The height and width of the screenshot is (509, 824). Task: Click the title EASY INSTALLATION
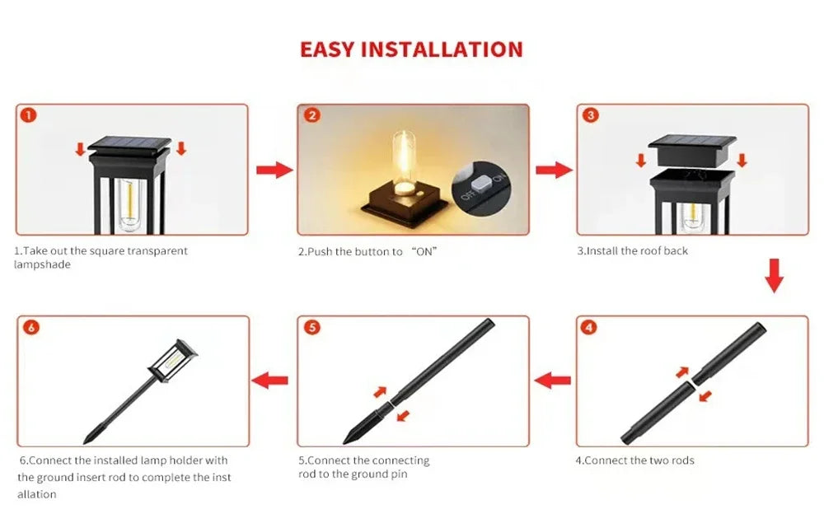(x=411, y=49)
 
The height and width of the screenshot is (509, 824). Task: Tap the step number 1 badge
(x=29, y=115)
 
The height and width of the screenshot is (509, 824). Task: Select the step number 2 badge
(x=311, y=115)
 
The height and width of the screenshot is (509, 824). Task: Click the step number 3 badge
(x=590, y=115)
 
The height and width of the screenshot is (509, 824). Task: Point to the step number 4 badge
(x=589, y=328)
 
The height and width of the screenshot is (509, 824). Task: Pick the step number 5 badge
(x=311, y=328)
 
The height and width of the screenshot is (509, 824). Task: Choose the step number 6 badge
(x=31, y=328)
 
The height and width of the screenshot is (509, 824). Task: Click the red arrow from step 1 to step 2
(x=274, y=170)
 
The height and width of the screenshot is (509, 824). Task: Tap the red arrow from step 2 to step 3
(x=553, y=170)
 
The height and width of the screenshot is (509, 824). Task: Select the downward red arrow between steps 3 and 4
(x=774, y=276)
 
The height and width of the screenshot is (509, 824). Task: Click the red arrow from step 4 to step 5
(x=553, y=381)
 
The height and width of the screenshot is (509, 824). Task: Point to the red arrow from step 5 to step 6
(x=270, y=381)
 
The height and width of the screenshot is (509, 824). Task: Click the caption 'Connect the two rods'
(x=634, y=460)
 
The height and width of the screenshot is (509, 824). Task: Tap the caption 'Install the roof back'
(x=632, y=250)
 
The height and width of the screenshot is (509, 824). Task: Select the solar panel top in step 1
(x=129, y=145)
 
